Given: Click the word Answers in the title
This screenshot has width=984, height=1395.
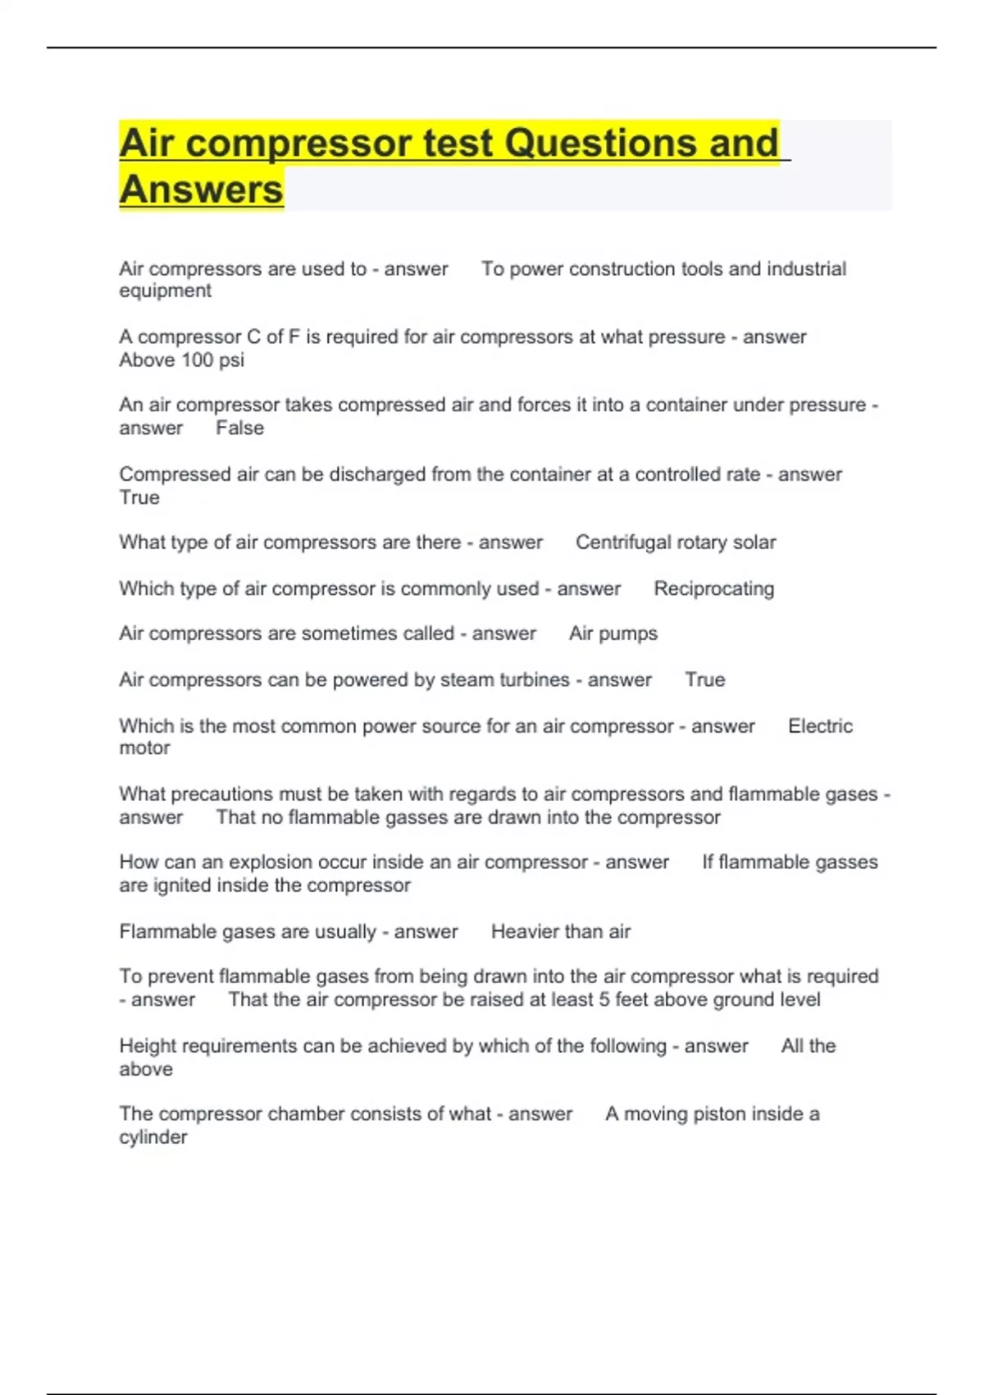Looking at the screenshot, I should click(x=201, y=190).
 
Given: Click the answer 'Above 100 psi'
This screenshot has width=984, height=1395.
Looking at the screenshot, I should click(x=181, y=360).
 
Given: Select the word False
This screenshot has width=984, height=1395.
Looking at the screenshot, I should click(x=239, y=428).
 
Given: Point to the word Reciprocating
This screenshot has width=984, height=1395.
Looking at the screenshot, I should click(x=713, y=589).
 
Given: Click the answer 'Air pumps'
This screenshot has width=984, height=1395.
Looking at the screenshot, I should click(x=613, y=633).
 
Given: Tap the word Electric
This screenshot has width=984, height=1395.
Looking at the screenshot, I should click(x=820, y=726).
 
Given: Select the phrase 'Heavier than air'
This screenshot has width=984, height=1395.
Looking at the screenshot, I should click(x=561, y=931).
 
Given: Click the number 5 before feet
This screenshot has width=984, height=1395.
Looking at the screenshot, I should click(x=604, y=999).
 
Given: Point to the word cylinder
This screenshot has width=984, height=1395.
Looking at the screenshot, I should click(x=153, y=1137).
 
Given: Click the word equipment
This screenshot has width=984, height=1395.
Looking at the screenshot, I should click(x=165, y=291).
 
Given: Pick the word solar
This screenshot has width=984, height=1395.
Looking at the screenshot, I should click(x=754, y=542).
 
